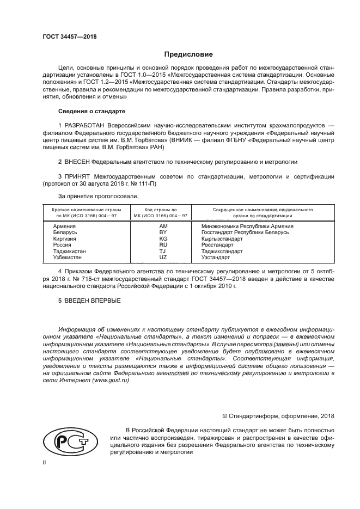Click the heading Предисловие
click(188, 54)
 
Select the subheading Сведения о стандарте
click(91, 111)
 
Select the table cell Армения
click(64, 226)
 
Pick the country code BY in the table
click(163, 232)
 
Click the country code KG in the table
click(163, 238)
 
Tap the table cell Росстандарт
click(217, 245)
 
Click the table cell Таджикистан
click(69, 251)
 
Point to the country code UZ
click(163, 257)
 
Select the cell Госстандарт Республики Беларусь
click(245, 232)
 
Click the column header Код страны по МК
click(160, 213)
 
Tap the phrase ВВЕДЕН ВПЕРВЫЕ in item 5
click(93, 301)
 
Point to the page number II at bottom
click(45, 463)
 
